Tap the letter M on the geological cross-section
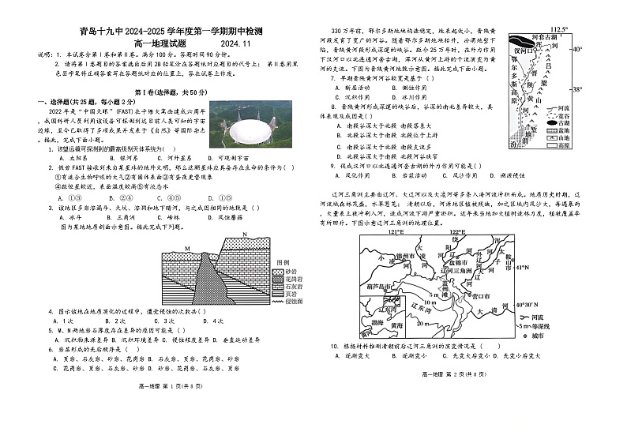[187, 248]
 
